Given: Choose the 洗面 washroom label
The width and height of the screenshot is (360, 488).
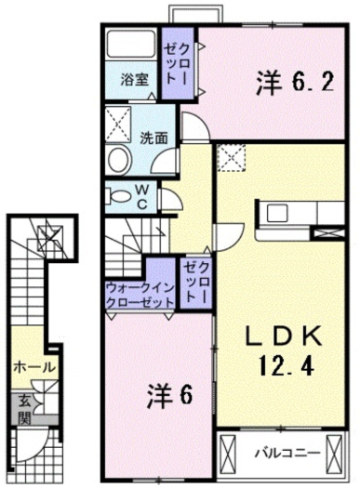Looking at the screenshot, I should (x=153, y=137).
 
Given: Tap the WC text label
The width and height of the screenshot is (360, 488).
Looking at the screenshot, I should (x=145, y=195).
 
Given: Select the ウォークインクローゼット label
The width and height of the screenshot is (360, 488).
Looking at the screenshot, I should (x=140, y=296).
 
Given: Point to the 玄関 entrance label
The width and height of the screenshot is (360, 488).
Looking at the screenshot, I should (x=20, y=411).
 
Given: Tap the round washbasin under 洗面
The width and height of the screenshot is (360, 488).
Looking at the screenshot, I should (x=118, y=159).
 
